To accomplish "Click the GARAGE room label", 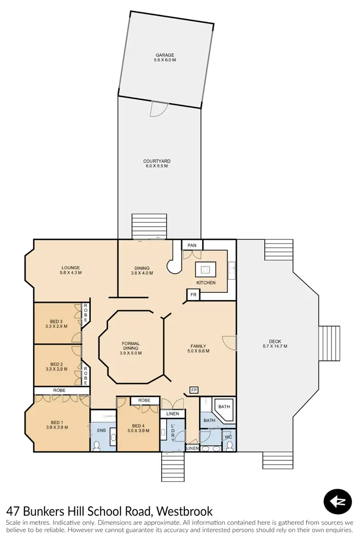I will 164,55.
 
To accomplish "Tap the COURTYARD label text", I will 157,161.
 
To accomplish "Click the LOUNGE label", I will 70,268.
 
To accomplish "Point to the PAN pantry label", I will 192,245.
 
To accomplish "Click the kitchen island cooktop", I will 206,270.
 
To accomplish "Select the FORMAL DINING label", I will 130,344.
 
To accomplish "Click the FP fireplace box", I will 194,390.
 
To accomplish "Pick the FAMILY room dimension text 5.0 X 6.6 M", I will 198,351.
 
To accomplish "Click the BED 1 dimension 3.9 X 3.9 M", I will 56,427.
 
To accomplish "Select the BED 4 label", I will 137,426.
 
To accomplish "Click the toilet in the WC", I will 229,446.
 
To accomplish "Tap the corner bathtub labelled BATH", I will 224,409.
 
